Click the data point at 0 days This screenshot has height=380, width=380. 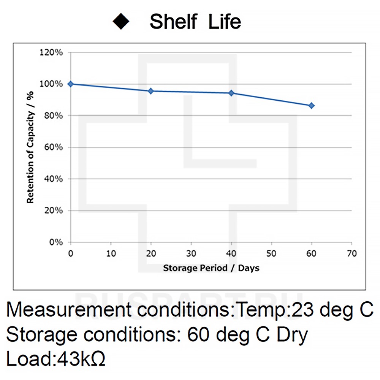[70, 84]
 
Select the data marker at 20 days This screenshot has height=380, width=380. [151, 91]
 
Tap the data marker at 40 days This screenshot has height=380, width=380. [231, 93]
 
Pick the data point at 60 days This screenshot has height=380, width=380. [312, 105]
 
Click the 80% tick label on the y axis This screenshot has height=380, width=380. [53, 116]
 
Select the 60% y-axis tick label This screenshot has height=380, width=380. [53, 147]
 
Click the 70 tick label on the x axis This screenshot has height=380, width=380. [352, 253]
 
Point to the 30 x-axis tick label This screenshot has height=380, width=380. [191, 253]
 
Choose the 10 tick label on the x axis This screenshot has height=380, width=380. [111, 253]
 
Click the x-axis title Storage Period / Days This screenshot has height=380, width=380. [211, 268]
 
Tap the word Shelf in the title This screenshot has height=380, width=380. [174, 22]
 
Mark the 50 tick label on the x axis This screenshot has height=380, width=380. [271, 253]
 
